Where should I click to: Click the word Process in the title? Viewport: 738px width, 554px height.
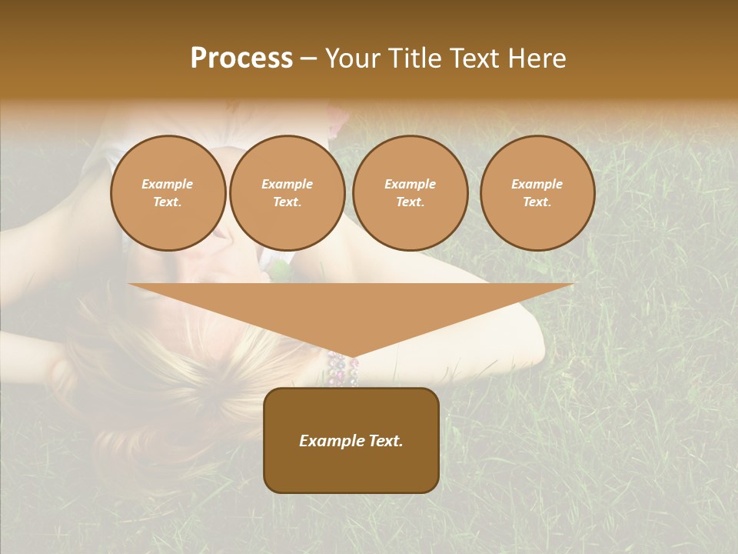tap(241, 58)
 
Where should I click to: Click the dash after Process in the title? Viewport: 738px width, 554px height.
tap(308, 58)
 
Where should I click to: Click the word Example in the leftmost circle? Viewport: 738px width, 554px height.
tap(168, 184)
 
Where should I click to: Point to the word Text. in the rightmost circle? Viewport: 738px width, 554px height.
tap(537, 202)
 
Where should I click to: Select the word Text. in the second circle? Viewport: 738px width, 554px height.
tap(287, 202)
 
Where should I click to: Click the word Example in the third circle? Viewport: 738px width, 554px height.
tap(410, 184)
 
